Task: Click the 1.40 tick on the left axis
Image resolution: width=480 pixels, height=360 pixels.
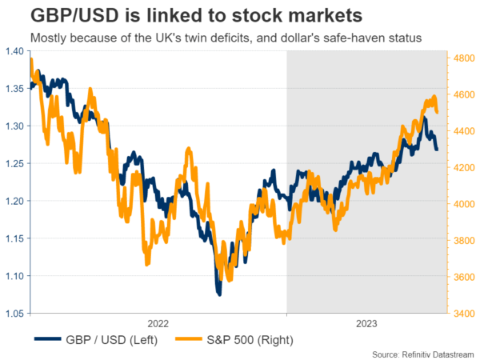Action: (x=14, y=51)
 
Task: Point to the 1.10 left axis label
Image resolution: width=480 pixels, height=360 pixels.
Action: (x=14, y=276)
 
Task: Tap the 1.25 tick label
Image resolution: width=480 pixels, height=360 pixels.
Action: (x=14, y=163)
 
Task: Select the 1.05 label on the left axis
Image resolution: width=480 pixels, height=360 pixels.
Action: (x=14, y=314)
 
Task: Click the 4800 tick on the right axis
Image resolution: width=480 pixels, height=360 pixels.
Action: (x=465, y=58)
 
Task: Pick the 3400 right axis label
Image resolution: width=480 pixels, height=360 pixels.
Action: (x=465, y=314)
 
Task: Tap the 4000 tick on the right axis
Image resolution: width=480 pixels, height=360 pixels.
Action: (x=465, y=204)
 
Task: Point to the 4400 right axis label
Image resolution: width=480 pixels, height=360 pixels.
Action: (x=465, y=131)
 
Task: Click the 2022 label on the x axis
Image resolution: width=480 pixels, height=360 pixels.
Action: (x=158, y=323)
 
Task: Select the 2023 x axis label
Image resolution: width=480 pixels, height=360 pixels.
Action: (x=366, y=323)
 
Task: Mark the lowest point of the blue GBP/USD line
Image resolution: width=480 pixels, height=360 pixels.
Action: (x=218, y=294)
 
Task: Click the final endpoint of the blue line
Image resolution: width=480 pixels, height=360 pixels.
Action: (x=437, y=150)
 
